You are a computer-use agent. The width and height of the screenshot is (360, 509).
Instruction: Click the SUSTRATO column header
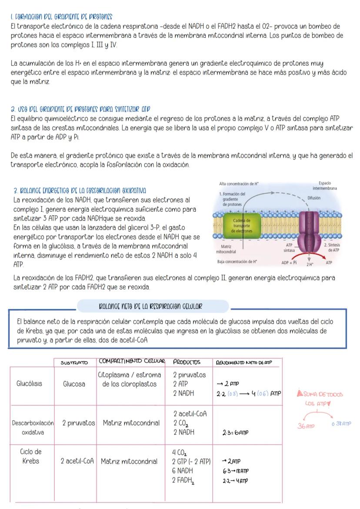click(73, 362)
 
